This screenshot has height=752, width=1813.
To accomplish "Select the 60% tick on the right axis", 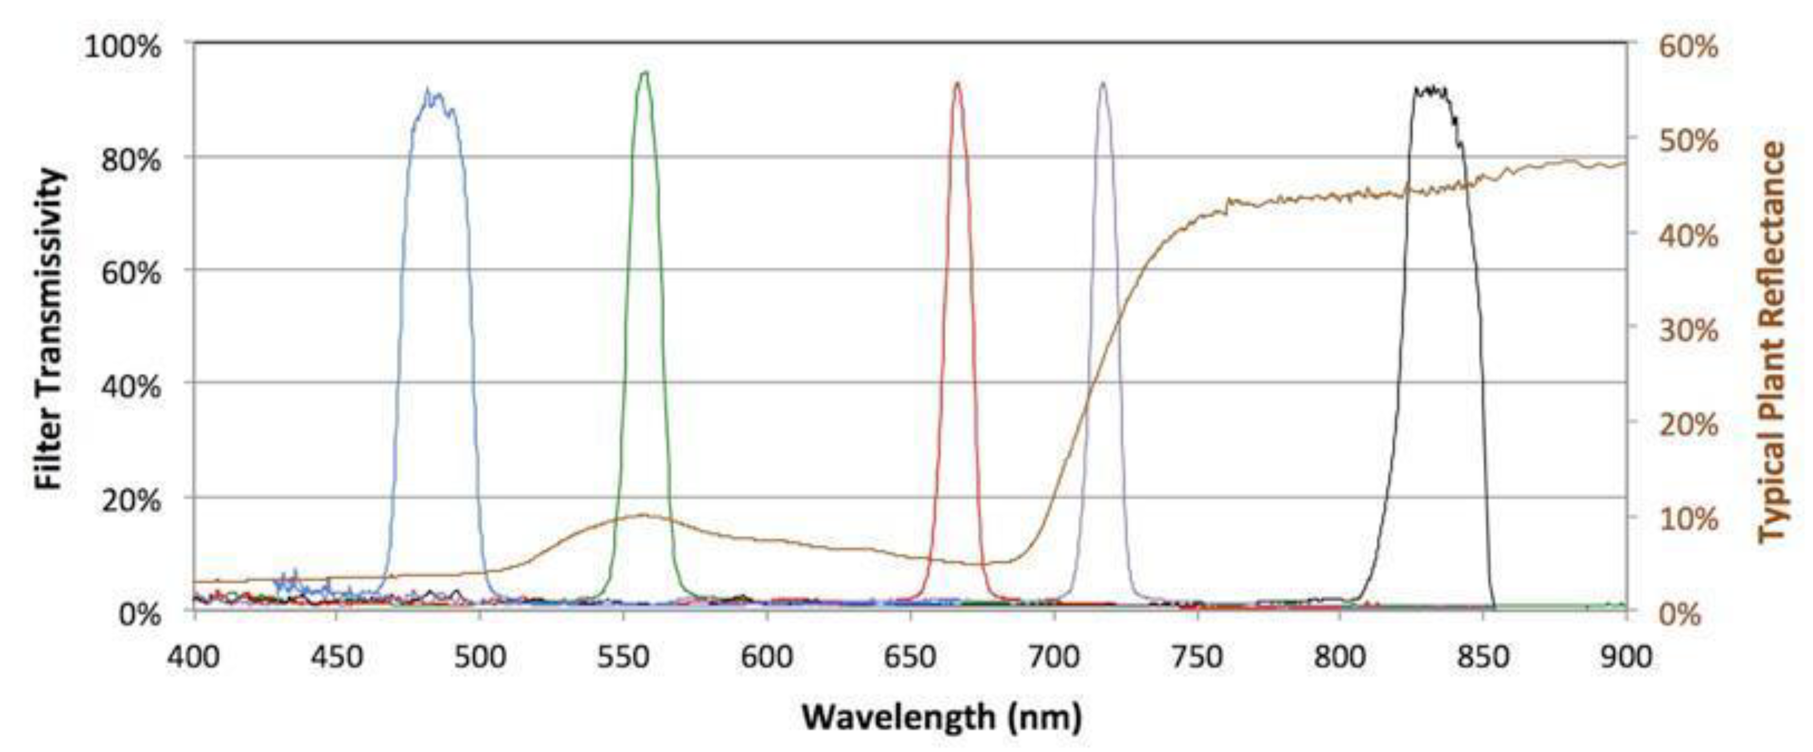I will pyautogui.click(x=1688, y=48).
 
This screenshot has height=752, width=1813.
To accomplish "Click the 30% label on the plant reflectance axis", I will pyautogui.click(x=1688, y=331).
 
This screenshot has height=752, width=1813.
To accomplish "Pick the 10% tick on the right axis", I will pyautogui.click(x=1688, y=520).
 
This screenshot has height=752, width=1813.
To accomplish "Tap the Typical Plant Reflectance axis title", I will pyautogui.click(x=1772, y=343).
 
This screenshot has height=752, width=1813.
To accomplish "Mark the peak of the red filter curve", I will pyautogui.click(x=957, y=83).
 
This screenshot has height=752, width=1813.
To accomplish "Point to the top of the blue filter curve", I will pyautogui.click(x=433, y=95).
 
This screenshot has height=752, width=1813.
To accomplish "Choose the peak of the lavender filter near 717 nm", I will pyautogui.click(x=1103, y=83).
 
